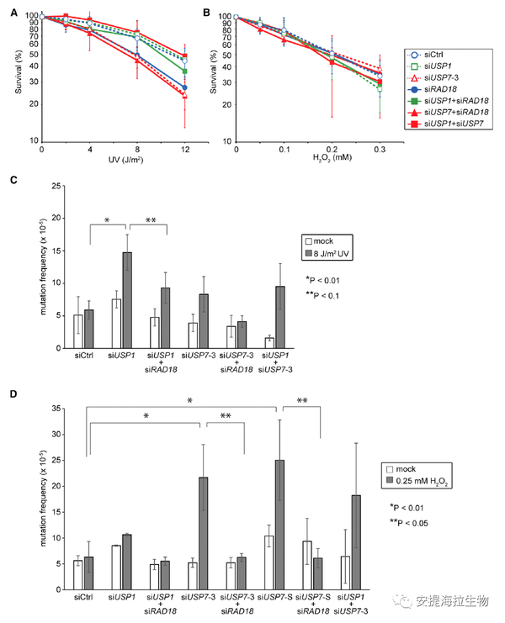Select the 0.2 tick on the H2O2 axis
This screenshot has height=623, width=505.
coord(332,149)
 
